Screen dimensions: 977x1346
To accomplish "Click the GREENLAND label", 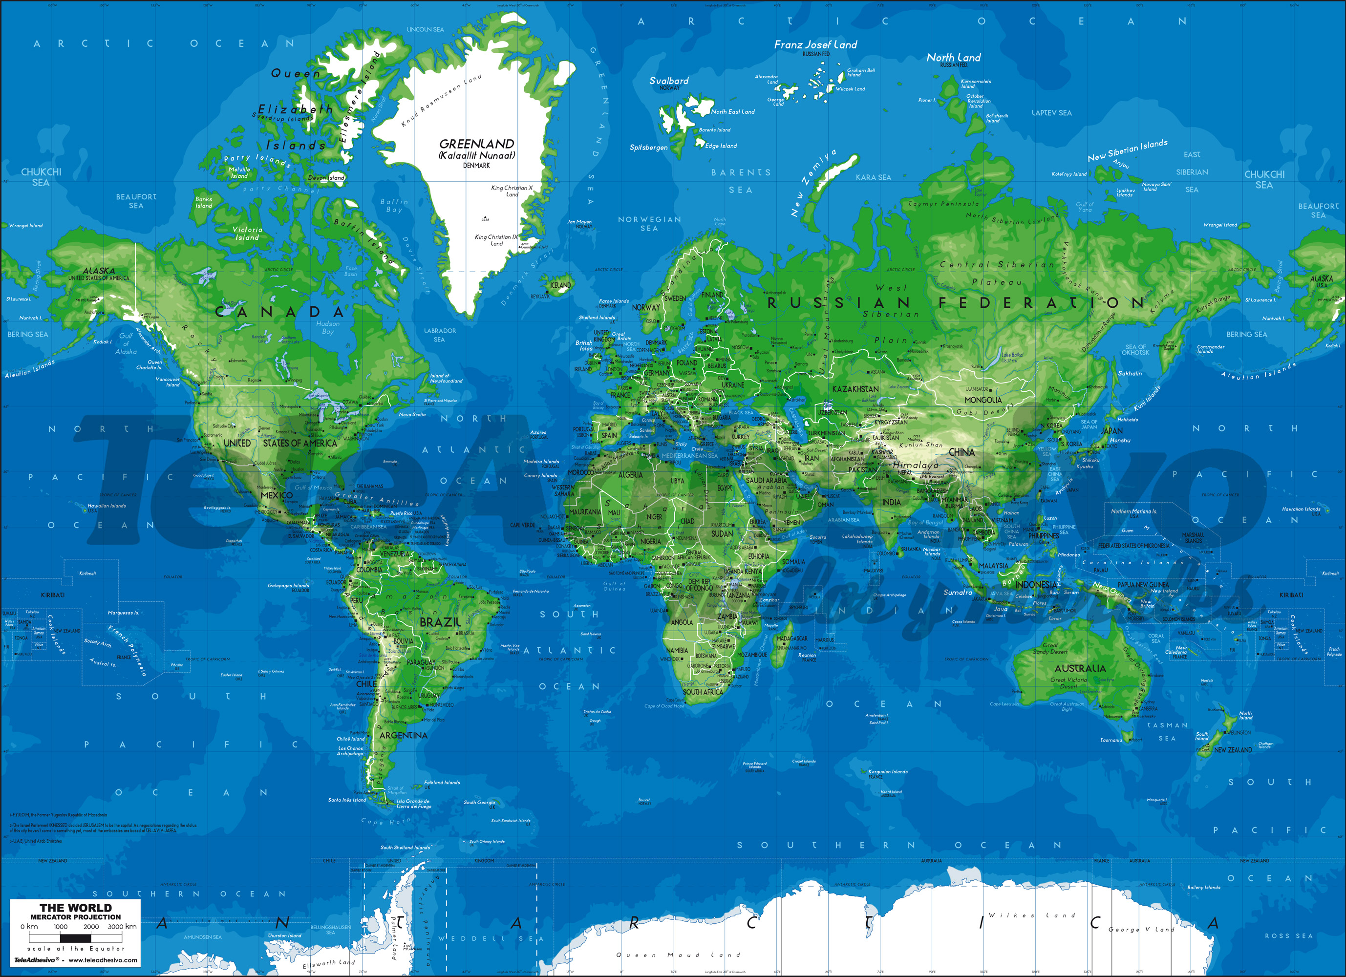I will pyautogui.click(x=476, y=144).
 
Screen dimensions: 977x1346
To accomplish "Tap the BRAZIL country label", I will pyautogui.click(x=440, y=622).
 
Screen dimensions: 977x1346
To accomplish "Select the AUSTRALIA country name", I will pyautogui.click(x=1080, y=668).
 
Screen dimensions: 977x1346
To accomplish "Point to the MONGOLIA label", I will pyautogui.click(x=983, y=400).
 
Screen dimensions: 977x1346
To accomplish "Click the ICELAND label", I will pyautogui.click(x=560, y=285).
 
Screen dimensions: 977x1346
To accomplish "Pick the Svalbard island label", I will pyautogui.click(x=669, y=81).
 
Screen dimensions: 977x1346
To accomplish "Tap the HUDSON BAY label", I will pyautogui.click(x=328, y=328).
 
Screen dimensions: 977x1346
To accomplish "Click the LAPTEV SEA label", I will pyautogui.click(x=1051, y=113).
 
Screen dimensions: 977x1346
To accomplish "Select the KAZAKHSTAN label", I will pyautogui.click(x=855, y=389).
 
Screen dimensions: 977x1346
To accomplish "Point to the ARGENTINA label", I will pyautogui.click(x=403, y=735).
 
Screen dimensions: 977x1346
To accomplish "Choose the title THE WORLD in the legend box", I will pyautogui.click(x=75, y=908).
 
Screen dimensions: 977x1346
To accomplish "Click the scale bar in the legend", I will pyautogui.click(x=75, y=938).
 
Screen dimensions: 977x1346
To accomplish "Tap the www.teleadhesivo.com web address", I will pyautogui.click(x=103, y=960).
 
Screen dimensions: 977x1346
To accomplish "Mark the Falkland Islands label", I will pyautogui.click(x=442, y=782).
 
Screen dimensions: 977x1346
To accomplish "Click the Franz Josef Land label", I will pyautogui.click(x=815, y=44).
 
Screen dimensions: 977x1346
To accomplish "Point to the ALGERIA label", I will pyautogui.click(x=630, y=475).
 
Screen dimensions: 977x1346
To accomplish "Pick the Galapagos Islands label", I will pyautogui.click(x=288, y=585).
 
